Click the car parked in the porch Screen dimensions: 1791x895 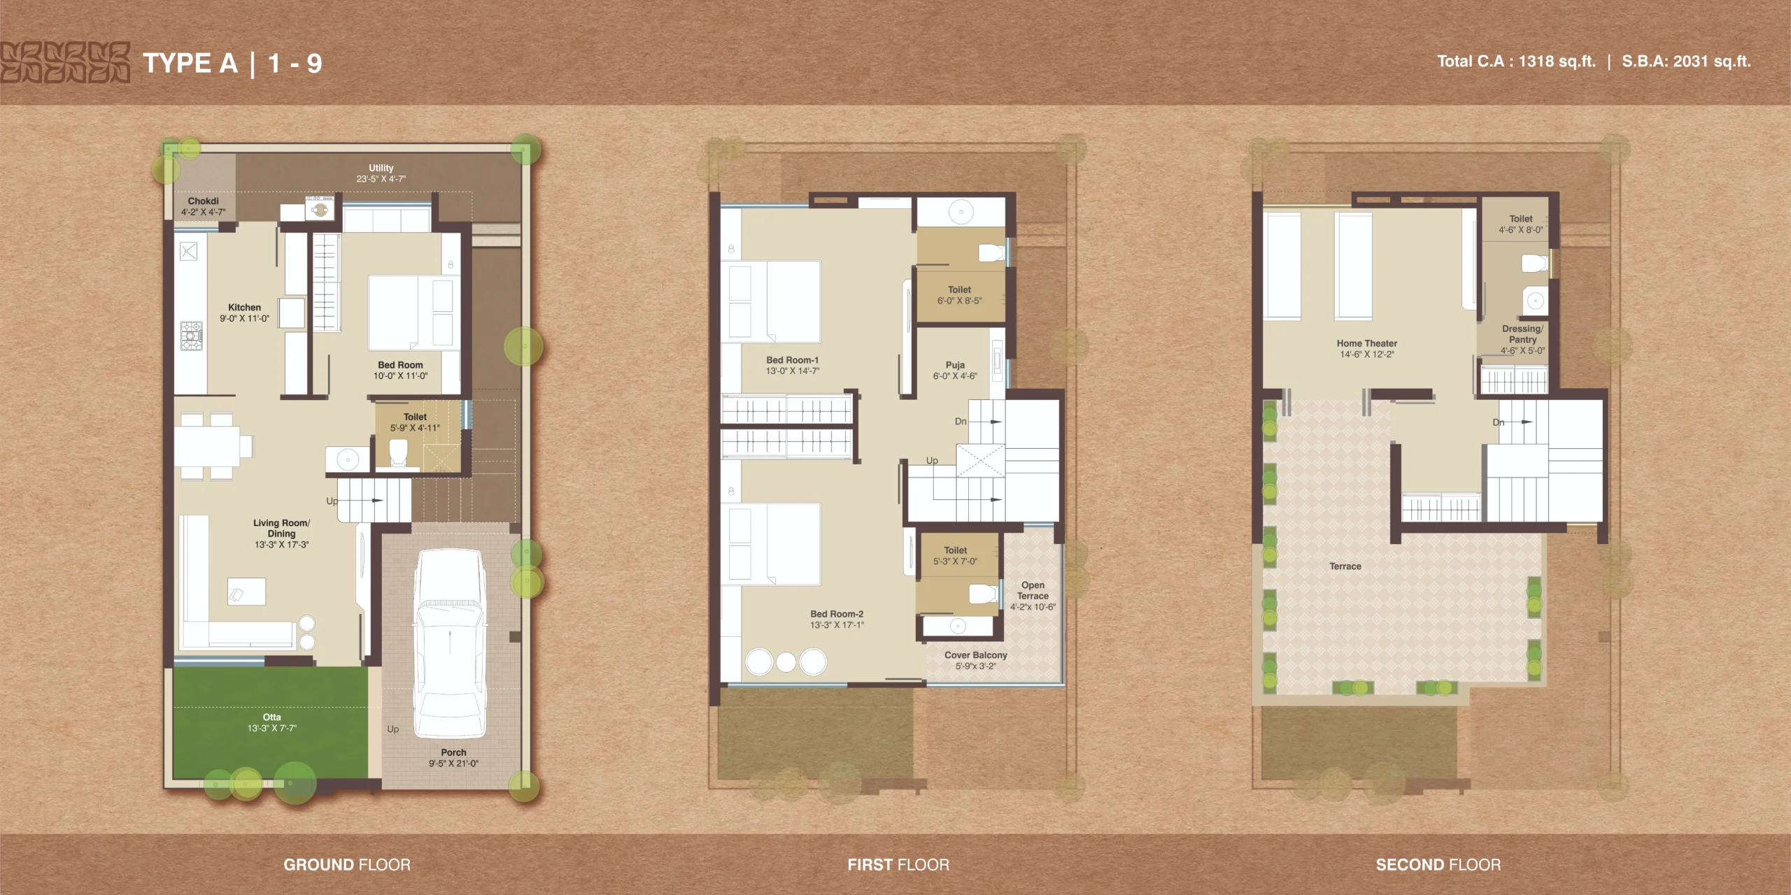point(450,643)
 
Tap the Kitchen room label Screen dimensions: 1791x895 point(244,308)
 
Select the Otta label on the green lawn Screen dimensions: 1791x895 point(272,717)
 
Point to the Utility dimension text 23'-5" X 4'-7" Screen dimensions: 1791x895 point(381,179)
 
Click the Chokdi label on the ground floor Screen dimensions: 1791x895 point(203,201)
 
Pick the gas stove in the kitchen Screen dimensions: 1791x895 point(191,336)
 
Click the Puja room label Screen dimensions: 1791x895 point(955,365)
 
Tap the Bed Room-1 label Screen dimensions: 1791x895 point(793,360)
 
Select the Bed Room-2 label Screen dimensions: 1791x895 point(837,614)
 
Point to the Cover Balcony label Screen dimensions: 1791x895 point(976,655)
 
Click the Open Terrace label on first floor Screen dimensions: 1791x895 point(1033,591)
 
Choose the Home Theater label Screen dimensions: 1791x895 point(1367,343)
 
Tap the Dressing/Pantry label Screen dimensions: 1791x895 point(1522,334)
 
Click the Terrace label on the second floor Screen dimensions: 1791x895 point(1345,566)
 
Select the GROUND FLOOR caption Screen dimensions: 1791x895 point(347,865)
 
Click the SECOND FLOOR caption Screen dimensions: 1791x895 point(1438,865)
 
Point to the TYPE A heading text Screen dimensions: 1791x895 point(190,64)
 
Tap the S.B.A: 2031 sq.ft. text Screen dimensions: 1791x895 point(1686,62)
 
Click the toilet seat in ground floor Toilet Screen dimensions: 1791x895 point(398,452)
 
